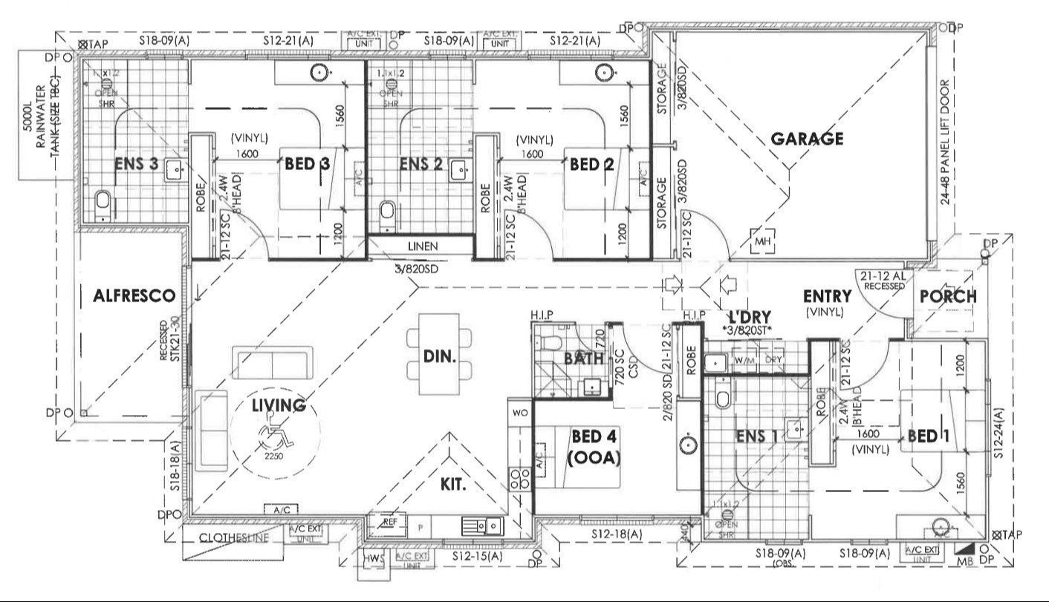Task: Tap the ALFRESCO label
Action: [134, 296]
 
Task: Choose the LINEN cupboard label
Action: [421, 246]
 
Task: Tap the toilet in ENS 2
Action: [386, 212]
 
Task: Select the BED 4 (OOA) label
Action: [594, 447]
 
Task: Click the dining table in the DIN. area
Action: [439, 356]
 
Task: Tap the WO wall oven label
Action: [519, 411]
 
